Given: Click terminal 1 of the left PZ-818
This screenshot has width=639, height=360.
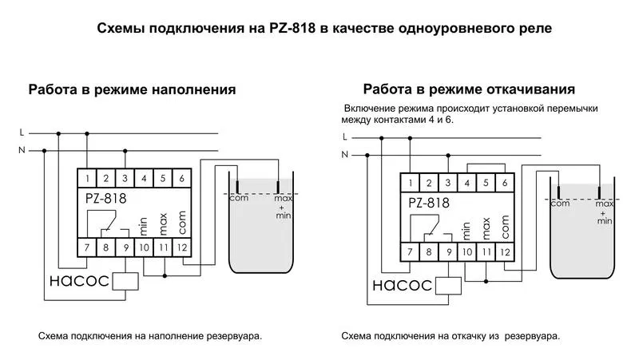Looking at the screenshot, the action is tap(87, 178).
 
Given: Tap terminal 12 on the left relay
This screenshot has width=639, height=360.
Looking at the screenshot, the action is tap(182, 247).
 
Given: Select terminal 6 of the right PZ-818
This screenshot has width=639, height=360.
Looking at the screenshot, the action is tap(505, 183).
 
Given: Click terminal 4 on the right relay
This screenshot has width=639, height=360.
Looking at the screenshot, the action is tap(467, 183).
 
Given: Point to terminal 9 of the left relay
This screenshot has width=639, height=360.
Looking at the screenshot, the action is tap(125, 247).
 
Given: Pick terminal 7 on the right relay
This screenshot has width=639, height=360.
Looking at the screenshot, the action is tap(410, 252).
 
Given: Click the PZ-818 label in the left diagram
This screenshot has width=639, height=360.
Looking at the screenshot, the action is tap(106, 198).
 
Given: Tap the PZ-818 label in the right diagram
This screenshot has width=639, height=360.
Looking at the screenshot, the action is tap(429, 203).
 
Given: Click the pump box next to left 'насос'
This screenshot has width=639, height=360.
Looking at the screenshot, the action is tap(125, 282).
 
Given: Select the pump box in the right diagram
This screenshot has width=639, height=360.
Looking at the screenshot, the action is tap(448, 286).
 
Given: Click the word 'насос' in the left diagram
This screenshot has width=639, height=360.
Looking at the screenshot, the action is tap(79, 281).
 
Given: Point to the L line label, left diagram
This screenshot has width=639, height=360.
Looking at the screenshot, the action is tap(22, 133).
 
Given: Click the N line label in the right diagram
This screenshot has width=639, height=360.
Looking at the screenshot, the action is tap(345, 155).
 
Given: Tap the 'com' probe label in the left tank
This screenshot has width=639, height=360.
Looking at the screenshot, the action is tap(239, 198).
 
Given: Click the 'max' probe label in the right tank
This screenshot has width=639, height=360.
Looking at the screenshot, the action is tap(605, 204).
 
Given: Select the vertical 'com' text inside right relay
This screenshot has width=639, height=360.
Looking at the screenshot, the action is tap(506, 227).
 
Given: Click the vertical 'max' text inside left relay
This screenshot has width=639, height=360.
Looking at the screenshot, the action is tap(163, 224).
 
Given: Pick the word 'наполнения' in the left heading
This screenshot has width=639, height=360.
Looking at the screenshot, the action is tap(193, 89).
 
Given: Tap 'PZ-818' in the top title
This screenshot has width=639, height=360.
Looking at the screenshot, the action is tap(292, 29).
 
